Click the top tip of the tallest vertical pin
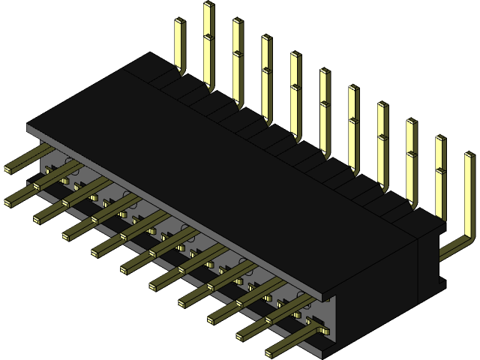click(208, 5)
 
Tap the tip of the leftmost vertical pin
click(179, 22)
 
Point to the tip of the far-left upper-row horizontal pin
click(8, 169)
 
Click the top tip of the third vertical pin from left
click(237, 22)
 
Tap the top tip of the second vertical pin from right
click(440, 139)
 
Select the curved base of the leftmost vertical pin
click(181, 72)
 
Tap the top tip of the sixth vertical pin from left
click(324, 72)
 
